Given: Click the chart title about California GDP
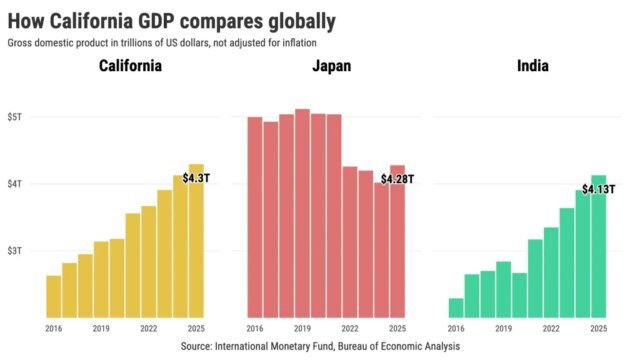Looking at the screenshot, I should tap(170, 20).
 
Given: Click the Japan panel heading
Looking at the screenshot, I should tap(326, 68).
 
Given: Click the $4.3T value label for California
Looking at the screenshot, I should tap(197, 177).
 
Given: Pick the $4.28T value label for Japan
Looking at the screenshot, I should tap(397, 179).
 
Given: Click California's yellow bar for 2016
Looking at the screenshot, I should tap(54, 297).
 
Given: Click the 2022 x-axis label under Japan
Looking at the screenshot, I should tap(350, 328).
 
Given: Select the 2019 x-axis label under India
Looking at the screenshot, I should tap(504, 328).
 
